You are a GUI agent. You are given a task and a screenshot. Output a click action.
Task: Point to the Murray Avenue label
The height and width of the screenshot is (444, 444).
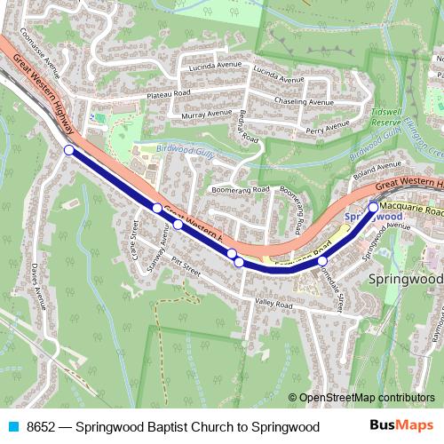(x=205, y=115)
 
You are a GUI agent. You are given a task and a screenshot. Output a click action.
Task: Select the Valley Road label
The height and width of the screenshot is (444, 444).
(x=273, y=305)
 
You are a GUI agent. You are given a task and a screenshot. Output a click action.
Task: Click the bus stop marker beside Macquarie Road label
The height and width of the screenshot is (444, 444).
(x=373, y=207)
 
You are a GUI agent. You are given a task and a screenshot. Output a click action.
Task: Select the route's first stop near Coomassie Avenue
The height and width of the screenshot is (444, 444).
(x=69, y=150)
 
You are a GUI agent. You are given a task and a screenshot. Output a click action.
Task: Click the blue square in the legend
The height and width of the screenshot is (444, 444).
(x=12, y=427)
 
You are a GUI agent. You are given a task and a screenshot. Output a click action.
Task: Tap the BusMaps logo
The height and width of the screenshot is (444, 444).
(x=401, y=426)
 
